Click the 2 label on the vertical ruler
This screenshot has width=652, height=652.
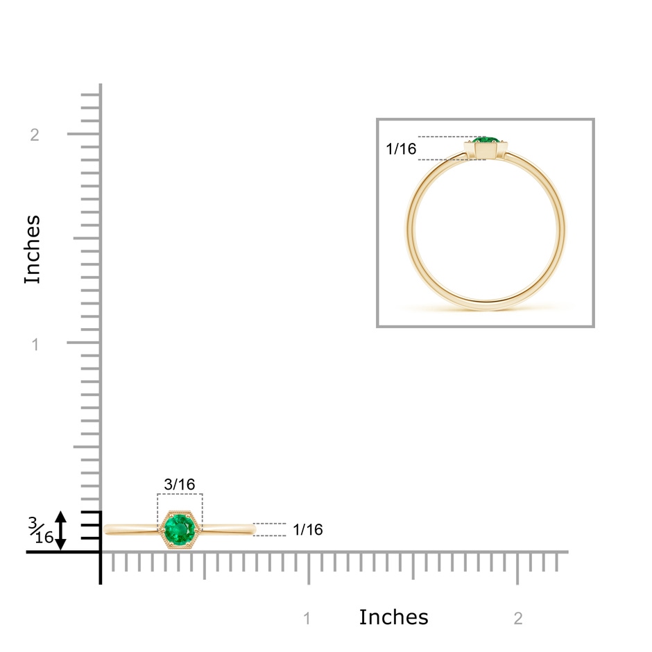35,135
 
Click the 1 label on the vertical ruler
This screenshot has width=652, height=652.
35,344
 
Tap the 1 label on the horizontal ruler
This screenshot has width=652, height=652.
307,619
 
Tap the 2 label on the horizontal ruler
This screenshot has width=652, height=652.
517,619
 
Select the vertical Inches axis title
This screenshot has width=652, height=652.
33,250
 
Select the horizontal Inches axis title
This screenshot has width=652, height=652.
393,617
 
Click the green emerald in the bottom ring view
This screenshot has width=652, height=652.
180,529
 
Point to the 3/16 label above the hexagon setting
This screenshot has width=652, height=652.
180,484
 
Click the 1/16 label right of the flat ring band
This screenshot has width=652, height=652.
308,529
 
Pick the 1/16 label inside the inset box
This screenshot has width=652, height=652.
401,148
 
